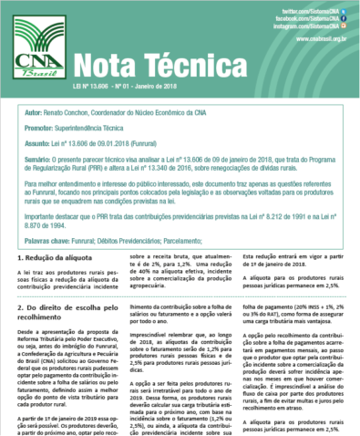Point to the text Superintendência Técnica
(x=104, y=130)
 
